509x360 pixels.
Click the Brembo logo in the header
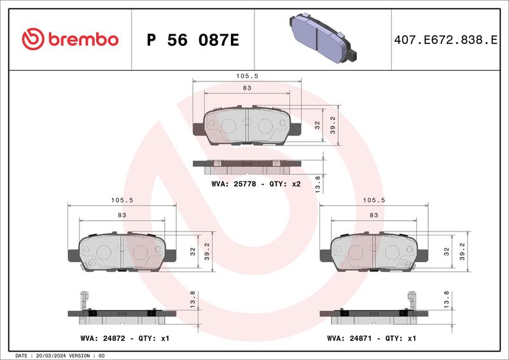click(x=70, y=39)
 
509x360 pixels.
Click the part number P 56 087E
click(x=193, y=40)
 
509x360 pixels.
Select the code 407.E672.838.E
click(x=445, y=40)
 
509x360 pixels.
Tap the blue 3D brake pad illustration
click(x=323, y=38)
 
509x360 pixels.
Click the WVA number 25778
click(x=245, y=184)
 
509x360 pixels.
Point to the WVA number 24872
click(x=114, y=338)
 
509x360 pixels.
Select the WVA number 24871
click(x=361, y=338)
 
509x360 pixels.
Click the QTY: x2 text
click(x=285, y=184)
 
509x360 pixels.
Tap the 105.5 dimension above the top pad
click(x=247, y=76)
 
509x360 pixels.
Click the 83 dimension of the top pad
click(x=247, y=88)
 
